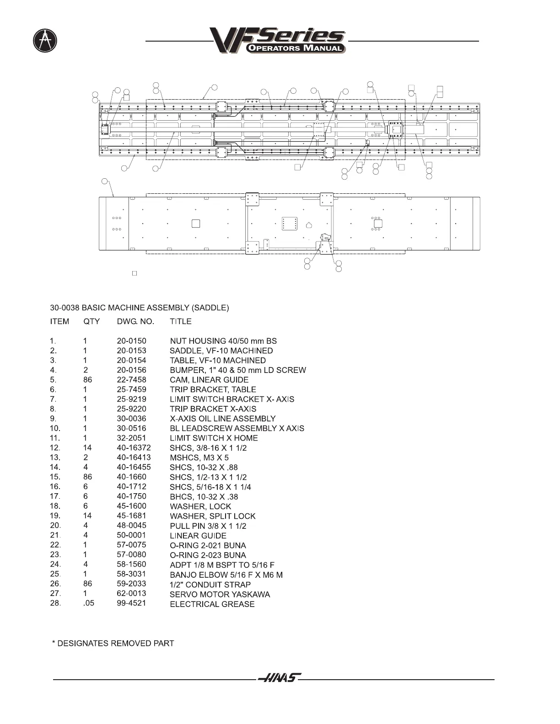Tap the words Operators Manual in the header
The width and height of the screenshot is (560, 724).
[296, 48]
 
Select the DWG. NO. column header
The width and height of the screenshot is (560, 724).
[135, 321]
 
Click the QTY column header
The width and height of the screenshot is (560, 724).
[92, 321]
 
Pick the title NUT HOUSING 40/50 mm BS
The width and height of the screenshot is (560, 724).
[223, 341]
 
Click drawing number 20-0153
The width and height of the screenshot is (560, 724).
[131, 351]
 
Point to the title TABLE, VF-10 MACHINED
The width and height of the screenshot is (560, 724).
[217, 360]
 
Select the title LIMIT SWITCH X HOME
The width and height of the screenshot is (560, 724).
[214, 438]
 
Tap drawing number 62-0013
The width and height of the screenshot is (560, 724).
[131, 594]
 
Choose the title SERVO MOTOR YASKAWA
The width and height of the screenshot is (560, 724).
[220, 594]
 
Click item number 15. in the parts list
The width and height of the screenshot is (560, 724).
[55, 477]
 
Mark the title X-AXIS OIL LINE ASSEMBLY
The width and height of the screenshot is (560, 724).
[222, 419]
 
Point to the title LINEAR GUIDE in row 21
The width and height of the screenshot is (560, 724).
[198, 536]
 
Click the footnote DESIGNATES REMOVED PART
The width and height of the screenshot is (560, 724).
[113, 643]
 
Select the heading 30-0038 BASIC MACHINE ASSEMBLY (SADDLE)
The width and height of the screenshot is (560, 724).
[140, 308]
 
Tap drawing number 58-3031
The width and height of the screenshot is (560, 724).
[131, 574]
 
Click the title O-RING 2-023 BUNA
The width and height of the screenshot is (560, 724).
[208, 555]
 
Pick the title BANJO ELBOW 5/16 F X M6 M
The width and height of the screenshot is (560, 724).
[226, 575]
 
